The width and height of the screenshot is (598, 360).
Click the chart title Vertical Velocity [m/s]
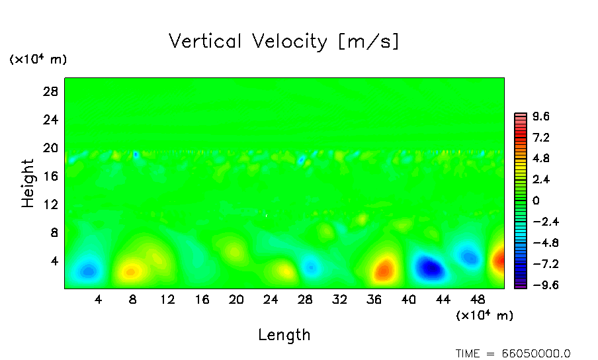(284, 42)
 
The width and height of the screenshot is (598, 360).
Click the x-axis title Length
(284, 335)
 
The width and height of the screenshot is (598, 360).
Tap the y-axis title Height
(28, 183)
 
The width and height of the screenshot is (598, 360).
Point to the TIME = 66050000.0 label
(513, 353)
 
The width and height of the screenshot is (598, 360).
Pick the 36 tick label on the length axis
(374, 299)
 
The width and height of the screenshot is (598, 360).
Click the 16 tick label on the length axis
(202, 299)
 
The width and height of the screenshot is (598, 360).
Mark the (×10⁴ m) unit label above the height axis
(38, 60)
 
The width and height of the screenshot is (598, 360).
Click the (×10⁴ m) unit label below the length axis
(484, 316)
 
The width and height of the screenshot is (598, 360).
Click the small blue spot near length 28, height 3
(310, 267)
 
